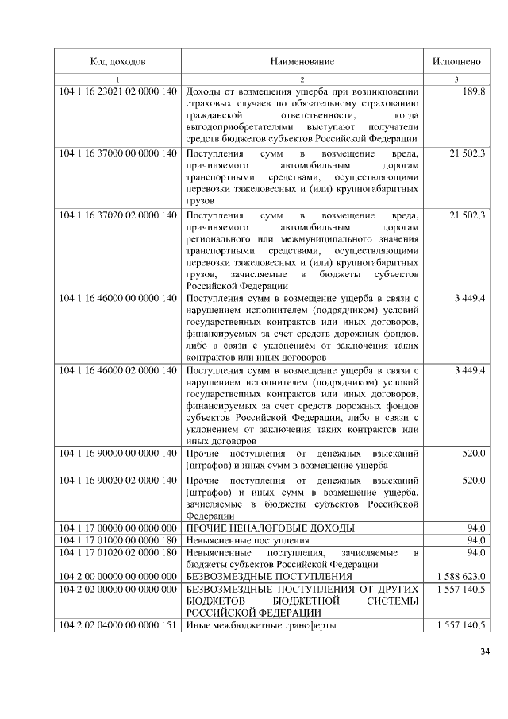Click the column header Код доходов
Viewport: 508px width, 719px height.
click(x=117, y=61)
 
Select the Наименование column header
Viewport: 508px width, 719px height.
click(x=302, y=61)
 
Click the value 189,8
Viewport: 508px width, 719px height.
click(x=474, y=93)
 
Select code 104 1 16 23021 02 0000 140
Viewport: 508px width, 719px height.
click(x=117, y=93)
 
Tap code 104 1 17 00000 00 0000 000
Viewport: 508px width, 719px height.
click(x=117, y=528)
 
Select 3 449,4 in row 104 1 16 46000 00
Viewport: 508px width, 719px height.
click(x=470, y=298)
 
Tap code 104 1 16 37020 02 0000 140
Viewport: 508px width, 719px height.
click(x=117, y=215)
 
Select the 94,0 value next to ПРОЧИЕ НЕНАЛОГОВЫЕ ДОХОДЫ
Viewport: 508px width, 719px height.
click(x=476, y=528)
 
